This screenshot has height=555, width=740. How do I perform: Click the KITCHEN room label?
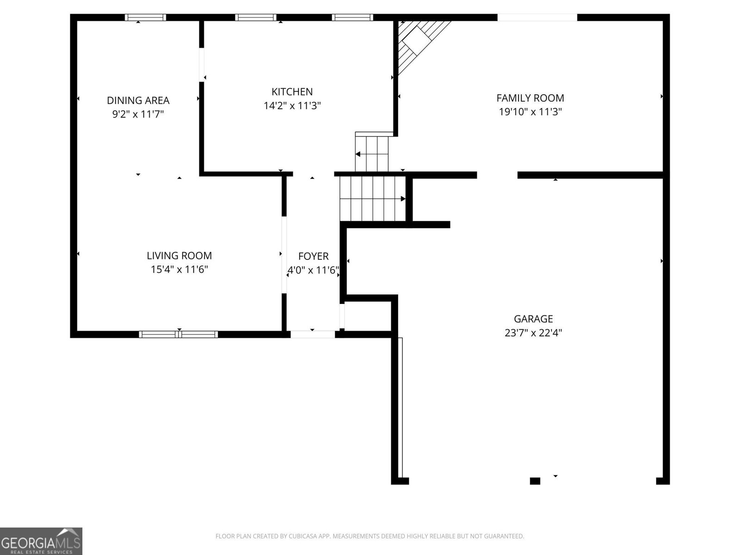coord(292,92)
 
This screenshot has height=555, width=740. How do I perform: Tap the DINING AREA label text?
coord(138,100)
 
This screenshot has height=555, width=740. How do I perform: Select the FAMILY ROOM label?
coord(530,98)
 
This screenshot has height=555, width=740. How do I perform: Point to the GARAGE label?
coord(533,319)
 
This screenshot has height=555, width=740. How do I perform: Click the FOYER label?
coord(313,256)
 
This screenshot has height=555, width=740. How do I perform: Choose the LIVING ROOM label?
coord(179,256)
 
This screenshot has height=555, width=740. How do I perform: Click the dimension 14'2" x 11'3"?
coord(292,106)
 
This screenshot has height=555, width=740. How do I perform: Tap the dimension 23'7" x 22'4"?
coord(533,333)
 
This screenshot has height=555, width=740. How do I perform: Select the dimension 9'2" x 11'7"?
coord(138,114)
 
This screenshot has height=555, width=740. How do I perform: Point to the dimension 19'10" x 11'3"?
coord(530,112)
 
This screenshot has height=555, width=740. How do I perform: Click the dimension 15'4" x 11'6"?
coord(179,270)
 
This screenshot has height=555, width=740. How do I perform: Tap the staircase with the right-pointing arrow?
coord(373,199)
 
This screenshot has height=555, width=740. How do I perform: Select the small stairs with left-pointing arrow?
coord(372,154)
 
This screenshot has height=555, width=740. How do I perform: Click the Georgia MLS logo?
coord(41,541)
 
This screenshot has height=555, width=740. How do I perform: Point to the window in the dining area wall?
coord(145,18)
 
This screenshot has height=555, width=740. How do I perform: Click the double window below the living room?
coord(179,334)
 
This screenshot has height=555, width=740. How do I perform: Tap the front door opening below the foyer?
coord(313,334)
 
